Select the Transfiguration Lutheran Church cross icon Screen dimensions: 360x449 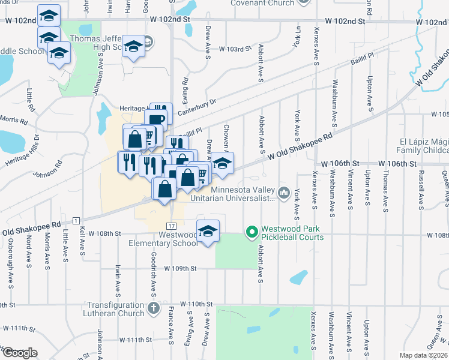(x=154, y=309)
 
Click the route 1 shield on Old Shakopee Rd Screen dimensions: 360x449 (x=76, y=220)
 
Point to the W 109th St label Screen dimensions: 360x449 (x=180, y=269)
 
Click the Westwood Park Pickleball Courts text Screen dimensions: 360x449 (x=292, y=233)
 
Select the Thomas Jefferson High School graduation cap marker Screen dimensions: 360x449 (x=133, y=46)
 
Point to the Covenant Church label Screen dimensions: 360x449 (x=265, y=3)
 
